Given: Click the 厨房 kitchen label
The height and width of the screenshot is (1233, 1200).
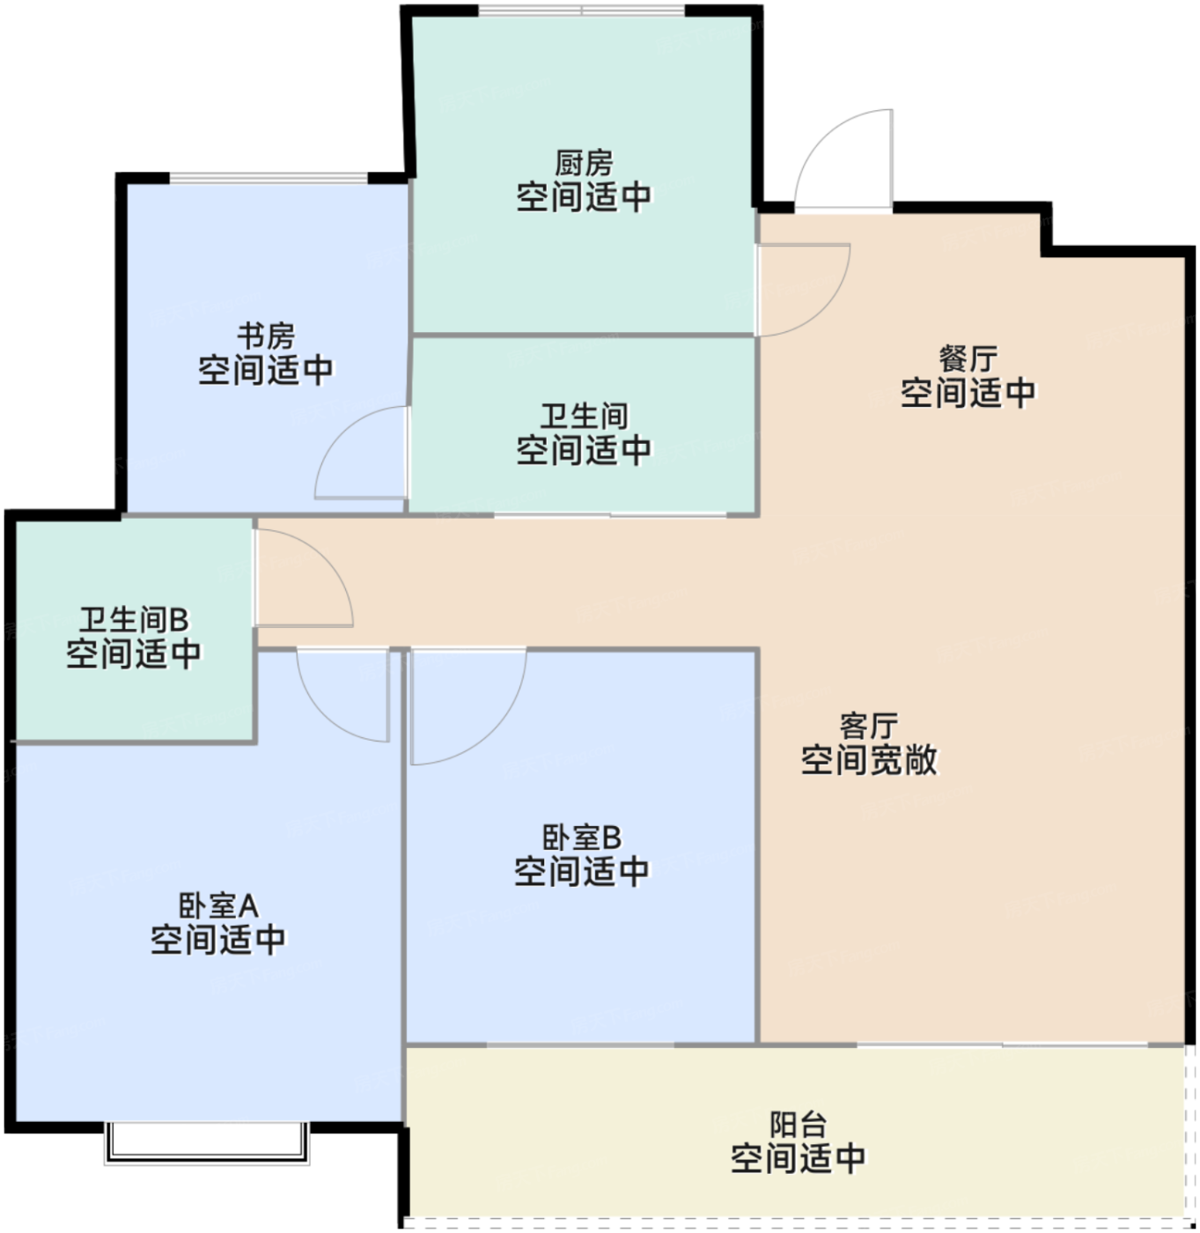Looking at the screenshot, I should click(584, 163).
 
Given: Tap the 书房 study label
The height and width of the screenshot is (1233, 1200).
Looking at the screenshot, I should click(265, 336).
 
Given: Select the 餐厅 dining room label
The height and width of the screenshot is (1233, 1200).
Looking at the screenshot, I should click(968, 358).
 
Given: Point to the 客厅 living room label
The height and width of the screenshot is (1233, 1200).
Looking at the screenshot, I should click(869, 726).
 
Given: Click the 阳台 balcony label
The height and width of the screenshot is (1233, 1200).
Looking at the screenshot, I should click(798, 1124).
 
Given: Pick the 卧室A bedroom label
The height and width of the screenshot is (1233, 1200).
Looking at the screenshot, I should click(217, 905).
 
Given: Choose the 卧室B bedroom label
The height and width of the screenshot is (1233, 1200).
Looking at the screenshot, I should click(582, 837).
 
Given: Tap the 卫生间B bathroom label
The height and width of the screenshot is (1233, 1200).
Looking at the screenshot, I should click(134, 619).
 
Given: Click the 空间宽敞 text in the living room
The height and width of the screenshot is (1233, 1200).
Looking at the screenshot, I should click(869, 760).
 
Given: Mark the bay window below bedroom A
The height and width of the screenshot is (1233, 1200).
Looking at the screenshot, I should click(207, 1142).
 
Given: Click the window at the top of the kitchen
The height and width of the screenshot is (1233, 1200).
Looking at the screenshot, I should click(581, 11).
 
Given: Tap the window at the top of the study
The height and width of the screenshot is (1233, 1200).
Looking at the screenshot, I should click(268, 178).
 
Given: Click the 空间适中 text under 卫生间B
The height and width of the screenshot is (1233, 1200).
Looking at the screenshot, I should click(134, 653).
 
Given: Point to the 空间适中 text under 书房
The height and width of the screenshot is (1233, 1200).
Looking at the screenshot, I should click(265, 370).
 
